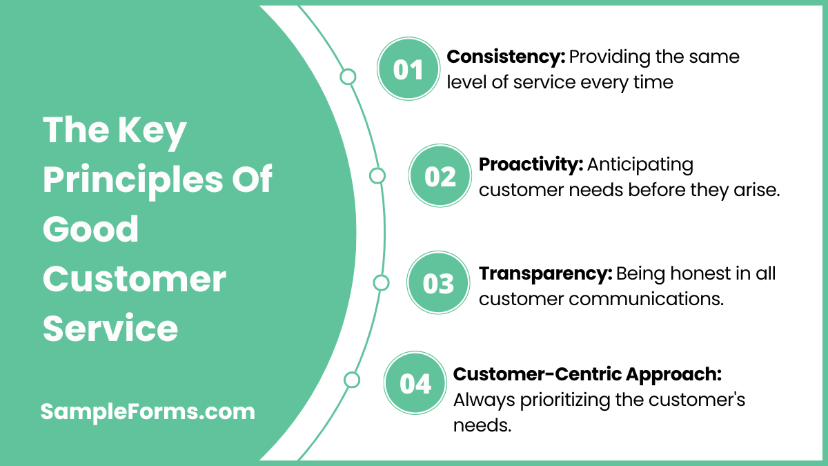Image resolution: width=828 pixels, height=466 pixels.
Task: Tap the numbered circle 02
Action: (x=440, y=177)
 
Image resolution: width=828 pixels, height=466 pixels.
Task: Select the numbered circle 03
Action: (x=438, y=283)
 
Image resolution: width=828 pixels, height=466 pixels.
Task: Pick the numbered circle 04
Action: (x=415, y=384)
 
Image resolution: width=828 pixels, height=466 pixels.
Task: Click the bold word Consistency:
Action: (x=506, y=57)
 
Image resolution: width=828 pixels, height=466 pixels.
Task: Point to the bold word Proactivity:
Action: (x=531, y=164)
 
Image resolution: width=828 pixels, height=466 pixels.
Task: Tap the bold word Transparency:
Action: (x=545, y=273)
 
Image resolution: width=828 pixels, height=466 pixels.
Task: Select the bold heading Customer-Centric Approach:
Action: (x=587, y=374)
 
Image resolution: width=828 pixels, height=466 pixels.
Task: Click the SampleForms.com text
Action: (x=148, y=412)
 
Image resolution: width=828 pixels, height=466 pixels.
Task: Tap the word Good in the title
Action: (x=90, y=229)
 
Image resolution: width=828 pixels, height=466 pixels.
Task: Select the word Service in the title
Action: (x=110, y=329)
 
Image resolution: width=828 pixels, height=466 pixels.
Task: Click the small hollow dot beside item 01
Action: (x=348, y=77)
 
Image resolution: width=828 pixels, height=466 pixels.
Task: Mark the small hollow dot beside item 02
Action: (x=377, y=176)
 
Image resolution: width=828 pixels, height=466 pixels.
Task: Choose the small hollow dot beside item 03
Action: (x=381, y=282)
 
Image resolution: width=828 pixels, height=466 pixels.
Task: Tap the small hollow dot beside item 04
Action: (x=352, y=380)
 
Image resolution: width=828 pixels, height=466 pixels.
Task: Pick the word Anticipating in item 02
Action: (x=640, y=164)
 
